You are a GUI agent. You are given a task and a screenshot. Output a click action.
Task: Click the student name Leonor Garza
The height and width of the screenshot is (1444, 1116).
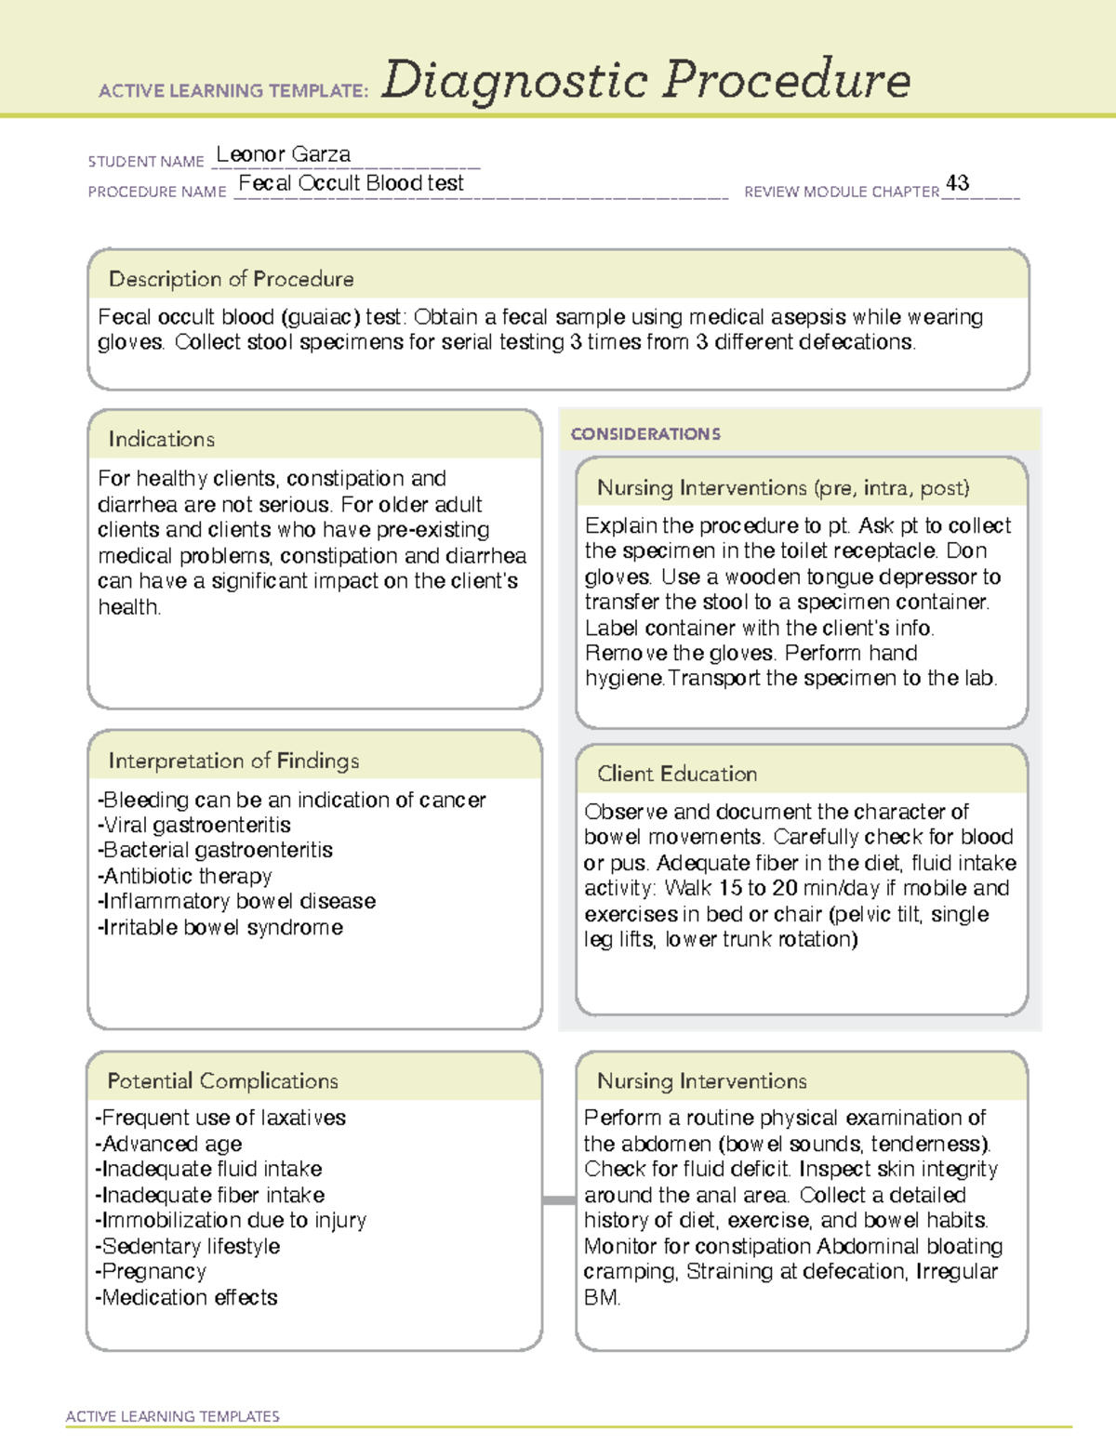pos(284,154)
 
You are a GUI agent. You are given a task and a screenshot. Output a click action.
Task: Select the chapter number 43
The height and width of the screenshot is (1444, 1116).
pos(957,183)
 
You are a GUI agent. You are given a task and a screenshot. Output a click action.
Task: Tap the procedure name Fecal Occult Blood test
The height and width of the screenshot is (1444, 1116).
pos(351,183)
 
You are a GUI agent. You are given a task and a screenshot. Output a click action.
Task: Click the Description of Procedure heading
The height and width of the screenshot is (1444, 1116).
pos(231,279)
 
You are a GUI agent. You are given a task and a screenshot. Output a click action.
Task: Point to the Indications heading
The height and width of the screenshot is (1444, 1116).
pos(161,439)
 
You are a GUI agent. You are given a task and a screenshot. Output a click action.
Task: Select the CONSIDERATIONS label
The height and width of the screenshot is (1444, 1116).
pos(645,434)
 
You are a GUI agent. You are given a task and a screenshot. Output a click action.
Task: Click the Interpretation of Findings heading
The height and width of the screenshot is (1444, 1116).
pos(233,761)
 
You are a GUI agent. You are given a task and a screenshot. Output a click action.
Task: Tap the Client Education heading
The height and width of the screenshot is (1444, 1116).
pos(676,774)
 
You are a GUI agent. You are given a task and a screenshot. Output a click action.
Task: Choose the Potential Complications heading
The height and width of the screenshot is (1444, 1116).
pos(222,1080)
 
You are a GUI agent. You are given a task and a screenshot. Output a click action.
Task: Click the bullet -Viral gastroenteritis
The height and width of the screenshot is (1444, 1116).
pos(193,825)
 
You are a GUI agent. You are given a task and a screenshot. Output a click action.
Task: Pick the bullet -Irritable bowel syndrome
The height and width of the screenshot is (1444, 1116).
pos(219,927)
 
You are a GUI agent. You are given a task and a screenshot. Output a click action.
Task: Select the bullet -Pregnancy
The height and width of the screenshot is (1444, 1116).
pos(151,1271)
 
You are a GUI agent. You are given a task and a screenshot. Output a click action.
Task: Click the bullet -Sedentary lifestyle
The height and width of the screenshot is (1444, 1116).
pos(187,1246)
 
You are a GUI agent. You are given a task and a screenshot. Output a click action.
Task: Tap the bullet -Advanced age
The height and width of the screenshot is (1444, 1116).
pos(168,1144)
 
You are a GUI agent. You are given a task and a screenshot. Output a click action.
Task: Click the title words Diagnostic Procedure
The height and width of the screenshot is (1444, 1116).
pos(645,80)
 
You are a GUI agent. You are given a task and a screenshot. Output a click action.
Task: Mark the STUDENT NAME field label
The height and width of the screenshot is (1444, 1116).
pos(146,162)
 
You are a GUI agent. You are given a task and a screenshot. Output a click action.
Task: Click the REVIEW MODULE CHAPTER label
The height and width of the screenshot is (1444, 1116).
pos(842,192)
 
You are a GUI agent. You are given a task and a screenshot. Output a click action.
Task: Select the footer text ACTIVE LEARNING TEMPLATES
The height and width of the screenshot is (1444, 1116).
pos(172,1416)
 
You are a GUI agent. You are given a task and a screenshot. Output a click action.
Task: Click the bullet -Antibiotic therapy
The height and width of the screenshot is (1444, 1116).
pos(184,876)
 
